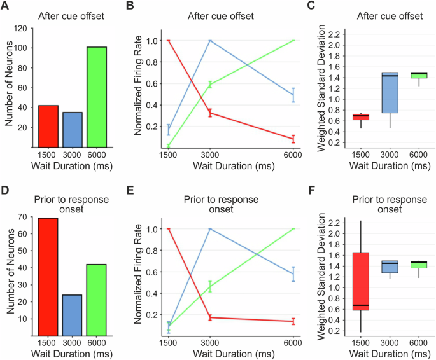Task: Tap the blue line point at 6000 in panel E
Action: (x=293, y=274)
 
